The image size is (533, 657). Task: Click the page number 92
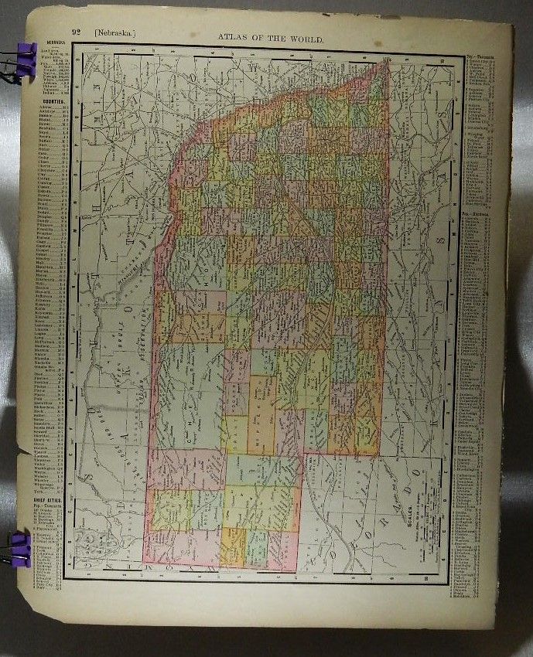click(77, 32)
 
